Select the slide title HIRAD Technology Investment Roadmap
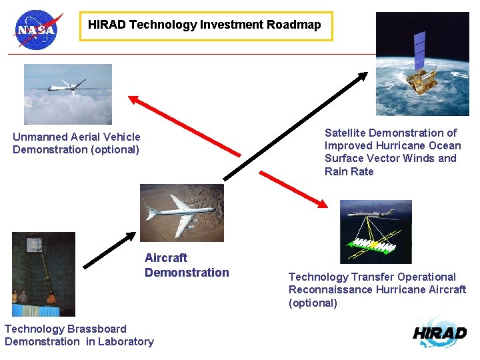(205, 25)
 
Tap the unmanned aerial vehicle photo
(68, 94)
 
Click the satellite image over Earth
(422, 64)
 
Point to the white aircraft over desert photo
(181, 213)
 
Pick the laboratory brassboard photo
(43, 274)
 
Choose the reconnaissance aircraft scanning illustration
(375, 231)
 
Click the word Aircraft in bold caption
(166, 258)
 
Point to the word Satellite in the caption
(345, 133)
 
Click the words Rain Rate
(349, 172)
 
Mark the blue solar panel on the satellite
(419, 50)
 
